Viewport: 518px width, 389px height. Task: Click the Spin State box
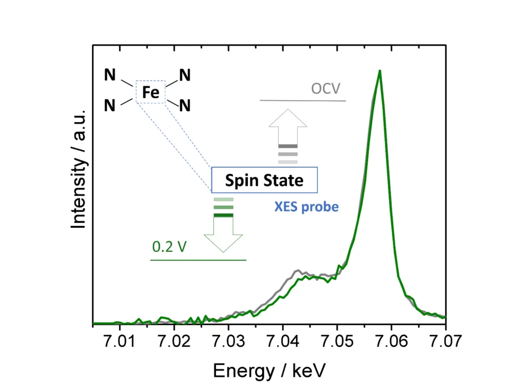tap(264, 180)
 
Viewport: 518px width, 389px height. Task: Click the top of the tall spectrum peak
tap(379, 71)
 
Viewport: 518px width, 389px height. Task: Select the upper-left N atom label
tap(109, 75)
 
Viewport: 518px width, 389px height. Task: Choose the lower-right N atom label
tap(184, 105)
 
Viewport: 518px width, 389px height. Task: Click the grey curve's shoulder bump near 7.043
tap(298, 270)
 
